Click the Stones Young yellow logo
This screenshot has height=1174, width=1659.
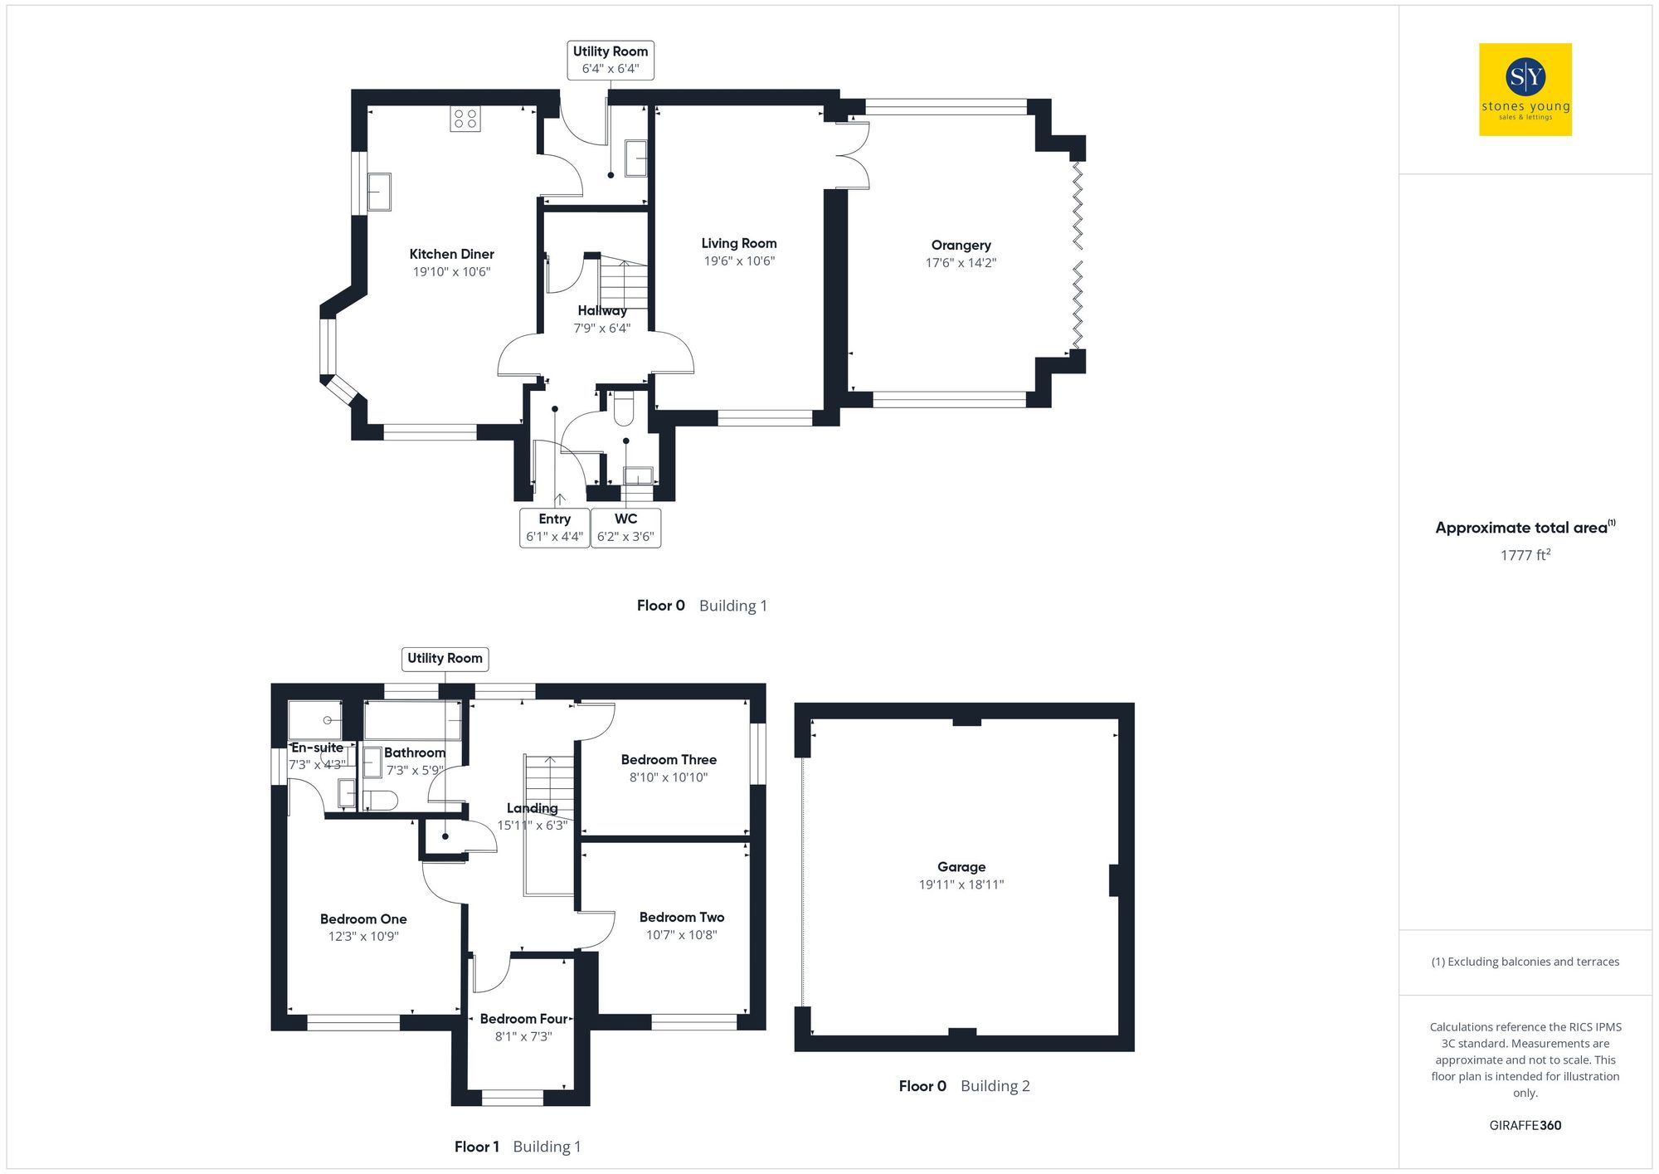[1525, 90]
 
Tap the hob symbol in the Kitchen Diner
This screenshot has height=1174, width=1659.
[465, 119]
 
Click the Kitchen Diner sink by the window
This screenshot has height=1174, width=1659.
[379, 192]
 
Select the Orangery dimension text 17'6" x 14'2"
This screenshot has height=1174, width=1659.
[961, 263]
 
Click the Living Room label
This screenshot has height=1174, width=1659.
[738, 243]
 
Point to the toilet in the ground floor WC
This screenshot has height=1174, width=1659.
[623, 407]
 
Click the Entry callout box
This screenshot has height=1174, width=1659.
[554, 528]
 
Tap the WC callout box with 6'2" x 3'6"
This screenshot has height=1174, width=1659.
[625, 528]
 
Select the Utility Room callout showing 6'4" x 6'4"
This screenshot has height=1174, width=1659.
[611, 60]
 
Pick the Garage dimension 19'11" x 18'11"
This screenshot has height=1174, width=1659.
[961, 885]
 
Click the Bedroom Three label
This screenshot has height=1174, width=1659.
[669, 759]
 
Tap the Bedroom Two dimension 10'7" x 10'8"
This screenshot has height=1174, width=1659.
[681, 935]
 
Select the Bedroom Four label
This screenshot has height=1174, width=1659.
[523, 1018]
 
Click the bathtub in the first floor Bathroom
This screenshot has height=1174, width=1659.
[412, 720]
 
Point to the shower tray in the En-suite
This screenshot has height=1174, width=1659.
[314, 720]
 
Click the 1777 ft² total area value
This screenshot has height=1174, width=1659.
[1525, 555]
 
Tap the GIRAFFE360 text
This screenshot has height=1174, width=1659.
[1525, 1125]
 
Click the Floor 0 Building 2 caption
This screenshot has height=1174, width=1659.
[964, 1086]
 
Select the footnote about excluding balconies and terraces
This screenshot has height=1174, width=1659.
[1525, 962]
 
